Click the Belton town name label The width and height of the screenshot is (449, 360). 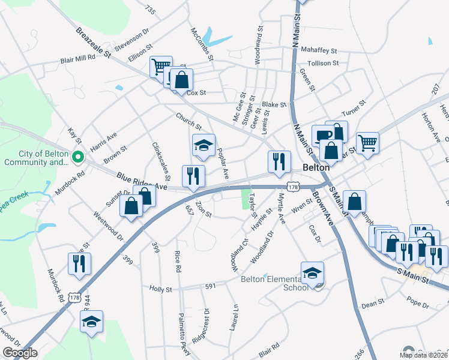tap(317, 168)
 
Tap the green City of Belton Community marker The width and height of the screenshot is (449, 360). tap(77, 158)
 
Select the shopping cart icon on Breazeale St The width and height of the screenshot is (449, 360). tap(160, 66)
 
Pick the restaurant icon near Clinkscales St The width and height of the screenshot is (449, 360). tap(193, 176)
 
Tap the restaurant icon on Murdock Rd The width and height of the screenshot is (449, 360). tap(79, 263)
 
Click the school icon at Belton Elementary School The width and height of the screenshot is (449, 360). tap(312, 273)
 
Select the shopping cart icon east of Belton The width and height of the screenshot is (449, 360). tap(367, 143)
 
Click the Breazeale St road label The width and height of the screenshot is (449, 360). tap(94, 43)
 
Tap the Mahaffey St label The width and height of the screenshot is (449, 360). tap(319, 52)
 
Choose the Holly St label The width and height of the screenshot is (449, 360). tap(160, 289)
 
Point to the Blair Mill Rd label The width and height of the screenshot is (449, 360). tap(77, 59)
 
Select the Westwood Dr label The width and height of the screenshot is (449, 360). tap(108, 226)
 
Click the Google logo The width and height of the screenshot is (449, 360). tap(19, 353)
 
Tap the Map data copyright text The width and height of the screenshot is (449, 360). tap(424, 355)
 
